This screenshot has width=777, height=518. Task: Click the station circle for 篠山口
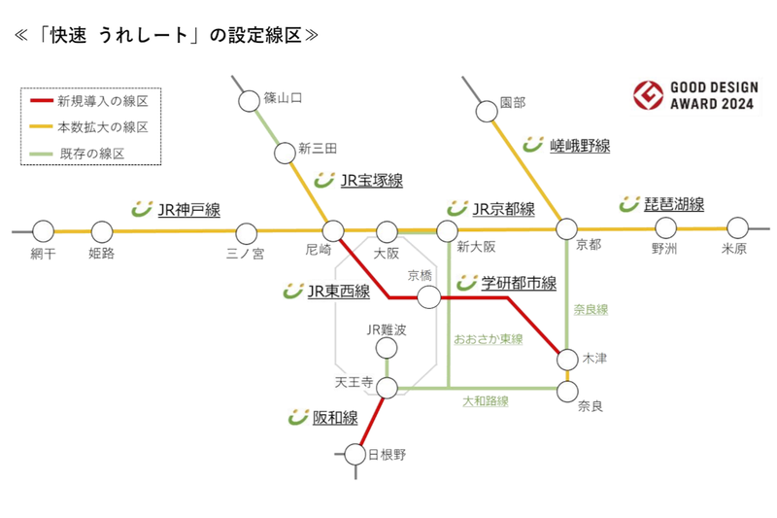[x=247, y=100]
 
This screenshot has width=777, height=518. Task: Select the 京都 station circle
[x=566, y=229]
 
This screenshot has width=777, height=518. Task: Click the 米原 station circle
[x=738, y=228]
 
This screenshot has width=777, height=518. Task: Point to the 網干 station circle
[x=42, y=231]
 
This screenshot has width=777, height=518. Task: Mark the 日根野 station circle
[x=355, y=453]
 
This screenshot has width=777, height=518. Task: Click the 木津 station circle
[x=567, y=360]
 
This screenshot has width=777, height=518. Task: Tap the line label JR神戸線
[x=188, y=209]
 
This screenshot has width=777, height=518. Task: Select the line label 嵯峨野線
[x=580, y=146]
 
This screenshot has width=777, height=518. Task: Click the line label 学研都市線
[x=519, y=284]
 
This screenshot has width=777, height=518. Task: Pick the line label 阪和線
[x=335, y=418]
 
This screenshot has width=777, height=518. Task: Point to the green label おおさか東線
[x=489, y=339]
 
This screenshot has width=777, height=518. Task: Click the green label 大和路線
[x=485, y=400]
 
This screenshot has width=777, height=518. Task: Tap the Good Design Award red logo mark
[x=646, y=96]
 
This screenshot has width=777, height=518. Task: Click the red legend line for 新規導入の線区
[x=40, y=101]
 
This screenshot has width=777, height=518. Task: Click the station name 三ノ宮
[x=245, y=254]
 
